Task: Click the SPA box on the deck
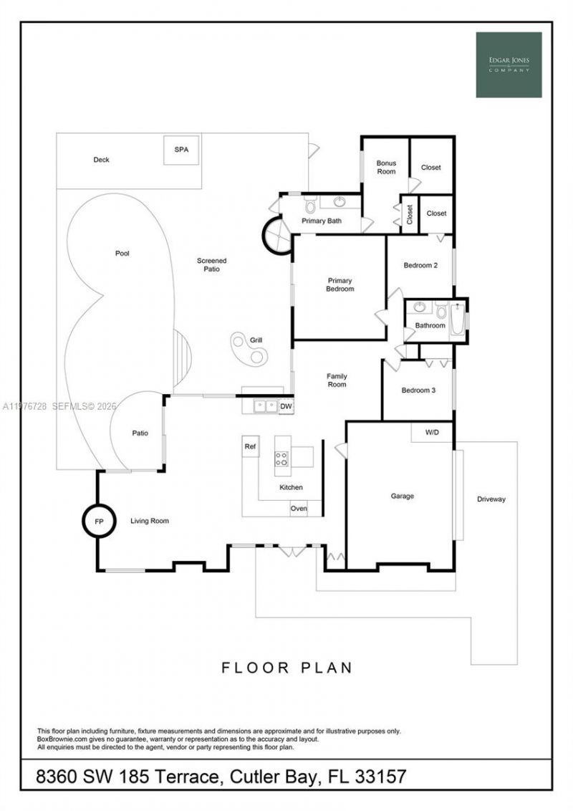click(180, 150)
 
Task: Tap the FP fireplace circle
click(99, 522)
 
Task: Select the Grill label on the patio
click(256, 340)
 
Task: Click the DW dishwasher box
click(285, 406)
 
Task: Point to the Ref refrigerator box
click(250, 446)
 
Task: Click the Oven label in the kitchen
click(299, 509)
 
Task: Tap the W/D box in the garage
click(432, 433)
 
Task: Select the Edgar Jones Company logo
click(509, 64)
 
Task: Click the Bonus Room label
click(386, 167)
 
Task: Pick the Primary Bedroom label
click(340, 284)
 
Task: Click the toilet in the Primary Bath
click(310, 206)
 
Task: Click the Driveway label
click(491, 499)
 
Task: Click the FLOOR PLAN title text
click(286, 668)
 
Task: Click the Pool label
click(122, 254)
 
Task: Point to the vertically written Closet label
click(410, 214)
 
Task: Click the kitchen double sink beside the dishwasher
click(265, 406)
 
